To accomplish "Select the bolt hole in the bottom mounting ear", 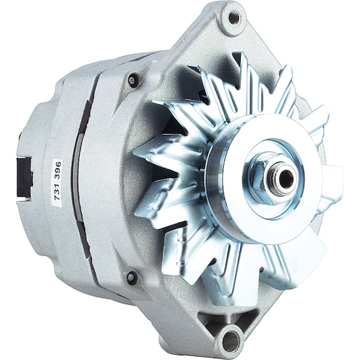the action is [230, 339].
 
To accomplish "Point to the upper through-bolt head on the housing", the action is [132, 80].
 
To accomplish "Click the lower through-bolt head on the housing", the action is [131, 276].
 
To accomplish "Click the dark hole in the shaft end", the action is [286, 178].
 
